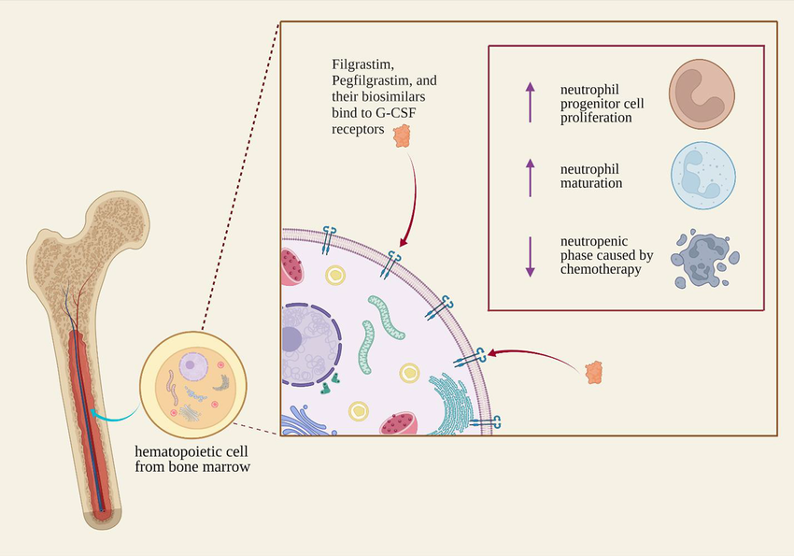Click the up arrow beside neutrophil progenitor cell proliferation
tap(531, 102)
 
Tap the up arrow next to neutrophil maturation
tap(531, 176)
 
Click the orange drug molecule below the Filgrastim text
tap(403, 135)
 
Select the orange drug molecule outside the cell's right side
tap(593, 372)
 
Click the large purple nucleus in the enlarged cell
tap(304, 341)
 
